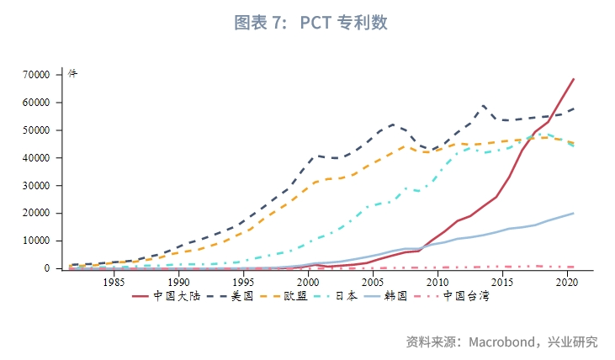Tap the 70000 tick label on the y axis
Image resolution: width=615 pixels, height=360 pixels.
point(38,75)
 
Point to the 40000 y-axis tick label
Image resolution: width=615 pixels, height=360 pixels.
point(38,158)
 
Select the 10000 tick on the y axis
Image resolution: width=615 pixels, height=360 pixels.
point(38,241)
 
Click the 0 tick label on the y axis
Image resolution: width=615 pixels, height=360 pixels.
point(48,268)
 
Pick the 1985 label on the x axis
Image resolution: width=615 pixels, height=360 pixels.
point(114,283)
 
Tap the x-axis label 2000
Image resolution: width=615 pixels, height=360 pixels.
point(308,283)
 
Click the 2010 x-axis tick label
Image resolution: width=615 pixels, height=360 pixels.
point(437,283)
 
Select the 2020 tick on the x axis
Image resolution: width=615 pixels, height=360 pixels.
point(567,283)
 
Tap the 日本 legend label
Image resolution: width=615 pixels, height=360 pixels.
point(347,296)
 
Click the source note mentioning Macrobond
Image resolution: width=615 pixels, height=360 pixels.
point(501,342)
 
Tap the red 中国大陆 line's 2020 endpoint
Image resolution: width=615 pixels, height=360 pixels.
point(574,79)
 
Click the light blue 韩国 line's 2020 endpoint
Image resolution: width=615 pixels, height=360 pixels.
point(574,213)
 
